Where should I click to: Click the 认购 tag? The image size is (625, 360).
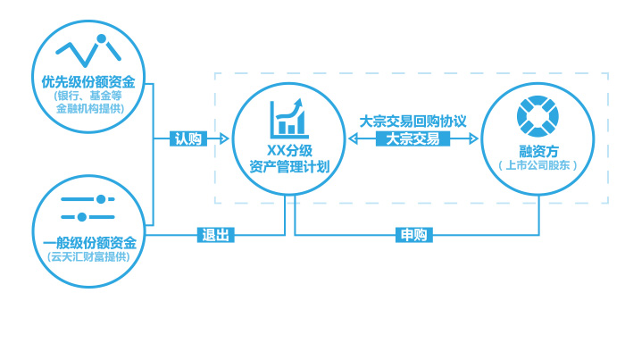point(188,139)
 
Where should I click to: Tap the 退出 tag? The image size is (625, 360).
point(216,236)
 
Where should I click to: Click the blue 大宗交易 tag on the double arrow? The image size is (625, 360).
point(412,139)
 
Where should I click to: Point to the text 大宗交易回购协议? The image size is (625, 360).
point(412,121)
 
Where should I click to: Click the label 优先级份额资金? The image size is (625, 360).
point(88,81)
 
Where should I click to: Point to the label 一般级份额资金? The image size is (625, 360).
point(89,242)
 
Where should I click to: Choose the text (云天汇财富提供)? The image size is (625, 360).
point(89,258)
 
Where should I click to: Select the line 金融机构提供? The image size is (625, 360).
point(88,109)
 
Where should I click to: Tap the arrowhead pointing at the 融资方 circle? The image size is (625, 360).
point(475,139)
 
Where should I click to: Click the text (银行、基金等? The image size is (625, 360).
point(88,96)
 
